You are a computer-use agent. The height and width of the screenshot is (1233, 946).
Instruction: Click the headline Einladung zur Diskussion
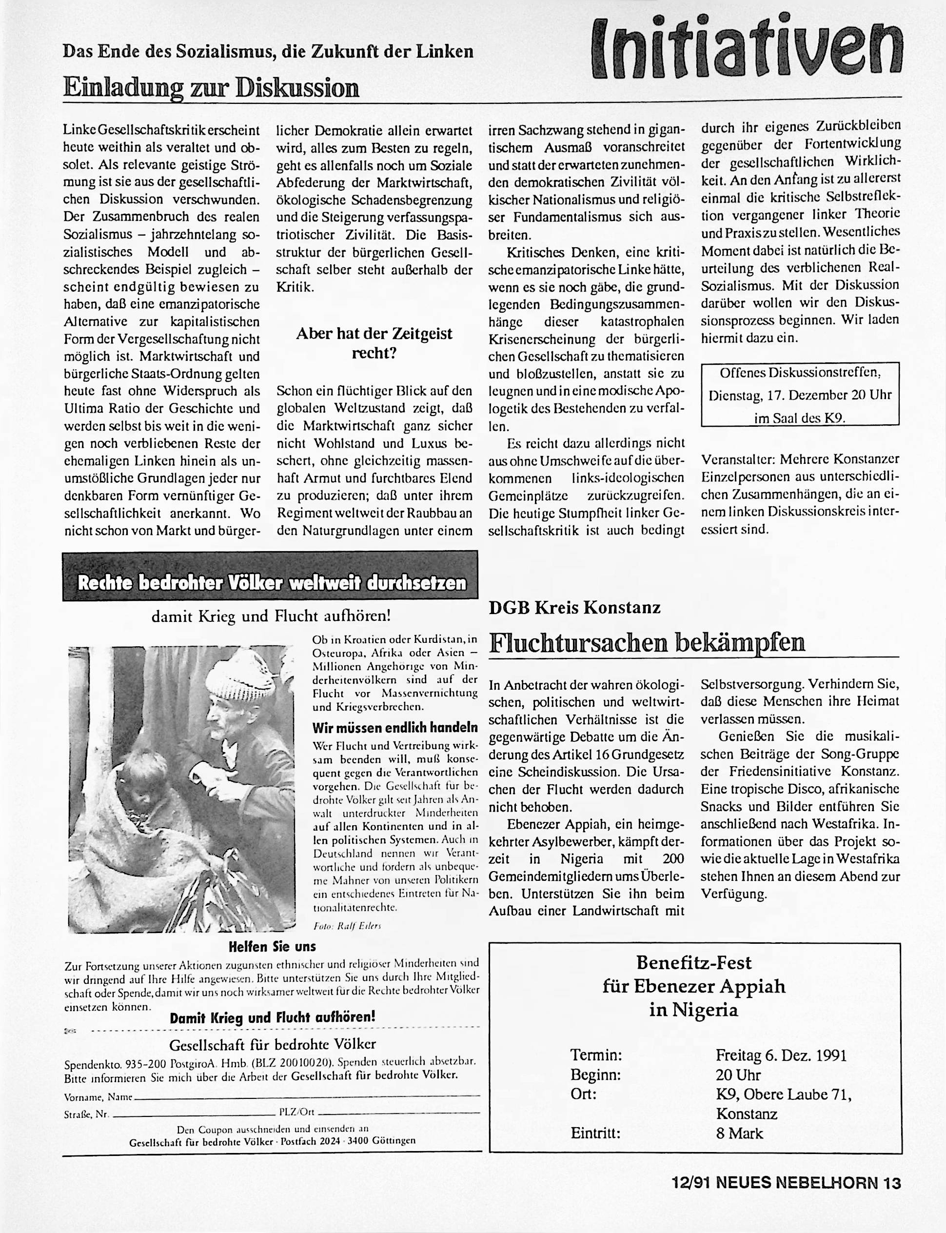(x=211, y=88)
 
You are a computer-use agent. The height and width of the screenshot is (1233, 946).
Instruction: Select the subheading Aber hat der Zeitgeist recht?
(x=374, y=343)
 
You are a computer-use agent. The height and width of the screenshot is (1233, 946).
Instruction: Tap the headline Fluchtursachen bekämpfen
(x=647, y=643)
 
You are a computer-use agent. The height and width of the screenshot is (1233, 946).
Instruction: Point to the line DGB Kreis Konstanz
(x=574, y=608)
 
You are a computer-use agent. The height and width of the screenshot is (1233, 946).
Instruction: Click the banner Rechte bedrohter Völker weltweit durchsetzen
(x=270, y=583)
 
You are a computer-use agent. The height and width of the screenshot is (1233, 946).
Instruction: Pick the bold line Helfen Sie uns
(x=272, y=946)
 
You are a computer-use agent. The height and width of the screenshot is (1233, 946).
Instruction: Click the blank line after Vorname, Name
(x=307, y=1095)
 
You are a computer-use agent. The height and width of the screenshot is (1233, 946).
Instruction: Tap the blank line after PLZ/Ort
(x=397, y=1113)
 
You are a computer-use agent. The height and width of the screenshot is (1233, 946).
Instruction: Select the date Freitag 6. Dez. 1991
(x=781, y=1054)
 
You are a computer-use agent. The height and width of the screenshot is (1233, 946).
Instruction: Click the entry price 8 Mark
(x=739, y=1133)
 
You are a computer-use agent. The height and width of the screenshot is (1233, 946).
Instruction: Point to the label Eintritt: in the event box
(x=595, y=1133)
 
